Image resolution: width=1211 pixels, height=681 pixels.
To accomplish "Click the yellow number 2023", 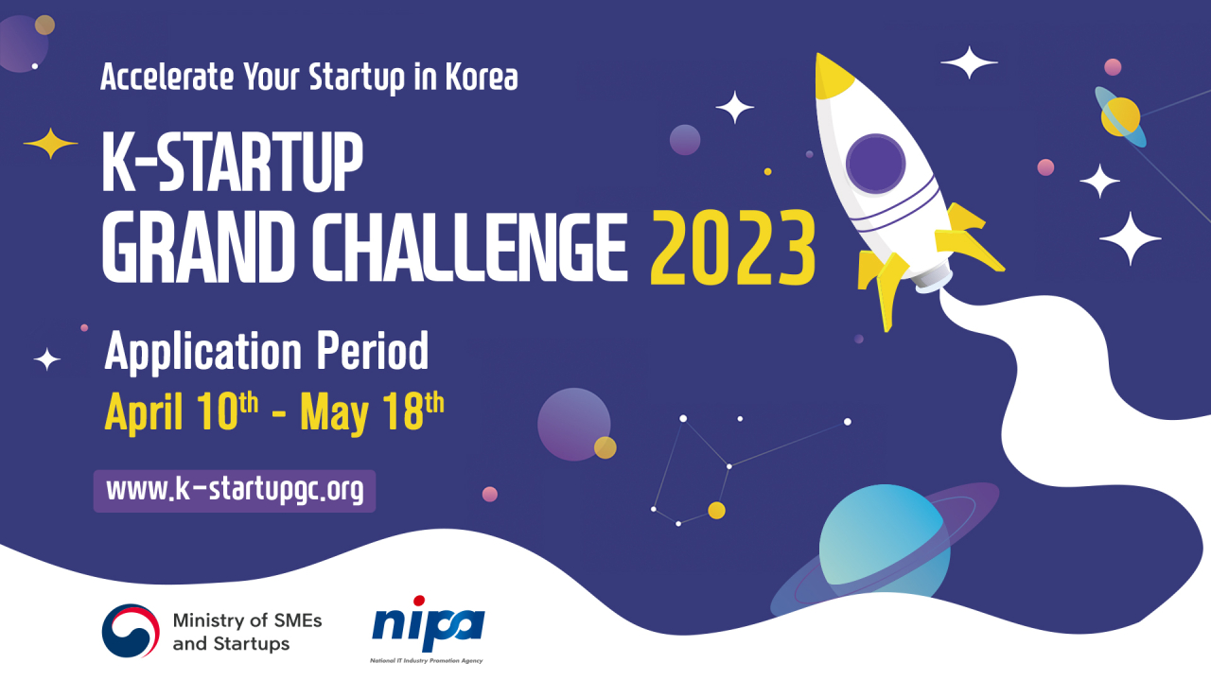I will click(733, 249).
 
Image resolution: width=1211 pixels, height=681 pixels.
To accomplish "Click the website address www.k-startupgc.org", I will click(235, 491).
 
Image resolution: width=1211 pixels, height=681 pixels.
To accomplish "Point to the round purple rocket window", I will click(876, 164).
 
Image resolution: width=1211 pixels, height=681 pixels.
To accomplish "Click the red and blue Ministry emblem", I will click(132, 631).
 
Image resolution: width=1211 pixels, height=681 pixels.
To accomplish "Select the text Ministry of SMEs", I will click(247, 620).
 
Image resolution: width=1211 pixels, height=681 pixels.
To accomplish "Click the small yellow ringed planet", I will click(1121, 117).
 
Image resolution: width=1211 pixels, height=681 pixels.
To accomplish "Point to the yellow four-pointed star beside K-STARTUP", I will click(50, 144).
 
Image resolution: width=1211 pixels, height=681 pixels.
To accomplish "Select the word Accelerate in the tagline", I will click(167, 77).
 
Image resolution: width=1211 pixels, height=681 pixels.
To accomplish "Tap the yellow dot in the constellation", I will click(717, 511).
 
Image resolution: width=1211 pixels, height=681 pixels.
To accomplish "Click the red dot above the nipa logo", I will click(419, 601).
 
